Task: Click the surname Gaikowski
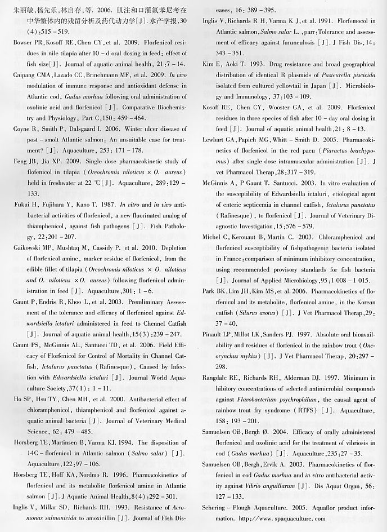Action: point(28,247)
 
